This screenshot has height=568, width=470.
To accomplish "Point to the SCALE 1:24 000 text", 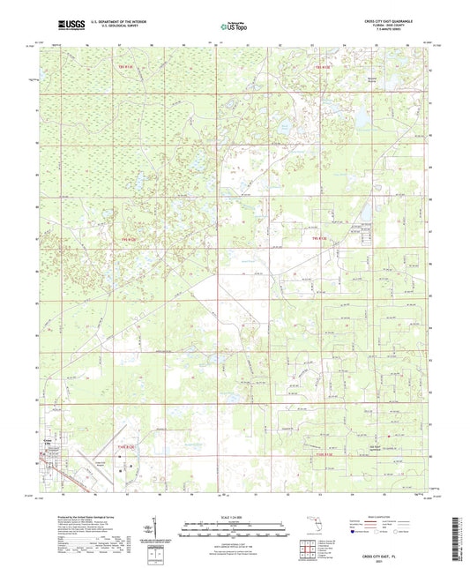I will coord(235,516).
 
